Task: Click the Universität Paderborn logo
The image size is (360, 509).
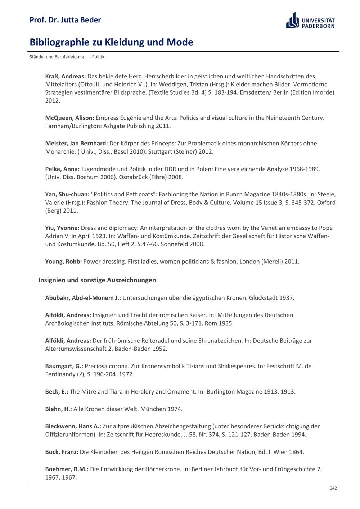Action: (x=310, y=21)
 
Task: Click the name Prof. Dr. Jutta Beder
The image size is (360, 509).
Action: (x=65, y=20)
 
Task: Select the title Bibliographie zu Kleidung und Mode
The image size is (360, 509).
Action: (x=111, y=42)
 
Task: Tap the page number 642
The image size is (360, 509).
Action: (x=333, y=488)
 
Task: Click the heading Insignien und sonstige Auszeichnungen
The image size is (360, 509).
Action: (x=97, y=280)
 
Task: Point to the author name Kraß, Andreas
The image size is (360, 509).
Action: (x=65, y=76)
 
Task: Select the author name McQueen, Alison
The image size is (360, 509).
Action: (x=69, y=118)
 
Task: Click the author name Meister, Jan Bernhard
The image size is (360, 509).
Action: (x=76, y=143)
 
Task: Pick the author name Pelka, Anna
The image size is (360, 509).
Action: (x=62, y=169)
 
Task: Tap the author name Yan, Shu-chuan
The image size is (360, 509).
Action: (x=67, y=194)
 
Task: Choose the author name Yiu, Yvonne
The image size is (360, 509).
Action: (x=62, y=228)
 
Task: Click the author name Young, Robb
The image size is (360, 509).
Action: (x=63, y=262)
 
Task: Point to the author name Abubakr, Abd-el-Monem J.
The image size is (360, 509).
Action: (x=83, y=298)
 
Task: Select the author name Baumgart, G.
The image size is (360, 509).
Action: (x=64, y=366)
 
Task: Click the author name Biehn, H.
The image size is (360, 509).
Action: (x=58, y=409)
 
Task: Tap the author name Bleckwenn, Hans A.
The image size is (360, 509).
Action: (x=73, y=426)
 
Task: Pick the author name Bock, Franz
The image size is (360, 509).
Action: (x=62, y=452)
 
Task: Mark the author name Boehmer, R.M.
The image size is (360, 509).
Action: (x=67, y=469)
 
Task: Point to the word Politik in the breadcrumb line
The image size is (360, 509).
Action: (x=98, y=57)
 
